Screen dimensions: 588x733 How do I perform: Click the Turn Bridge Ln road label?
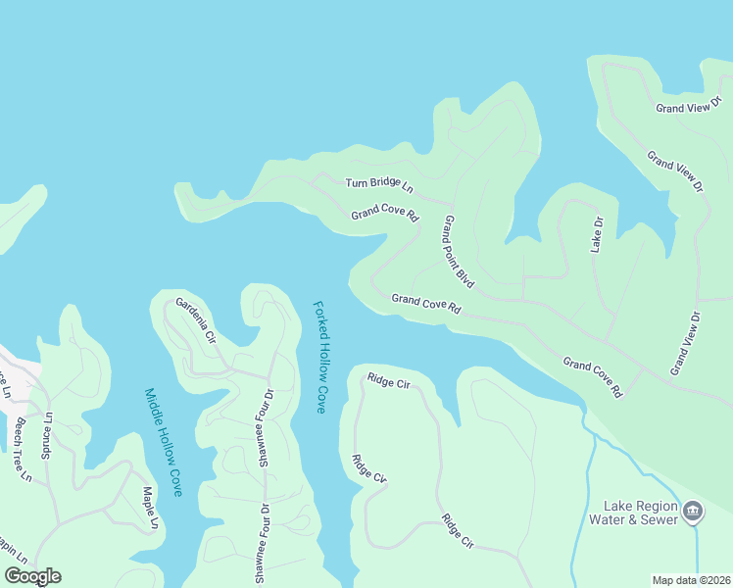point(378,184)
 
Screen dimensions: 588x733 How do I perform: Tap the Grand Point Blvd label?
point(459,252)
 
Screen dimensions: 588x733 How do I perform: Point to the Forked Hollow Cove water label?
point(319,356)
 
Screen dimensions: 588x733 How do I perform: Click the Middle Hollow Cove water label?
point(164,442)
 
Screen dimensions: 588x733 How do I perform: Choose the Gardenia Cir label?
point(196,321)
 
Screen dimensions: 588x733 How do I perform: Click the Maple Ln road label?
point(149,508)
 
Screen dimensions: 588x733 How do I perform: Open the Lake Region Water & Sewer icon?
point(693,510)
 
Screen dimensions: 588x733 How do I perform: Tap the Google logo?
point(32,576)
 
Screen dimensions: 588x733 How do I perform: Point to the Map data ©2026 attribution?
point(690,580)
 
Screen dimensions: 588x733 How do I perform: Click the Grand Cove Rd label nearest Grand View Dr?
point(593,377)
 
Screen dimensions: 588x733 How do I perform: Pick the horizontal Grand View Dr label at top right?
point(689,108)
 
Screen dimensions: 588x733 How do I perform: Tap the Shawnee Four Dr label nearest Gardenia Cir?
point(266,430)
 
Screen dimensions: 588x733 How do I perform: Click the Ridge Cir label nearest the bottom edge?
point(457,531)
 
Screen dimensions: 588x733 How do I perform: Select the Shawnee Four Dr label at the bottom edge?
point(262,544)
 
